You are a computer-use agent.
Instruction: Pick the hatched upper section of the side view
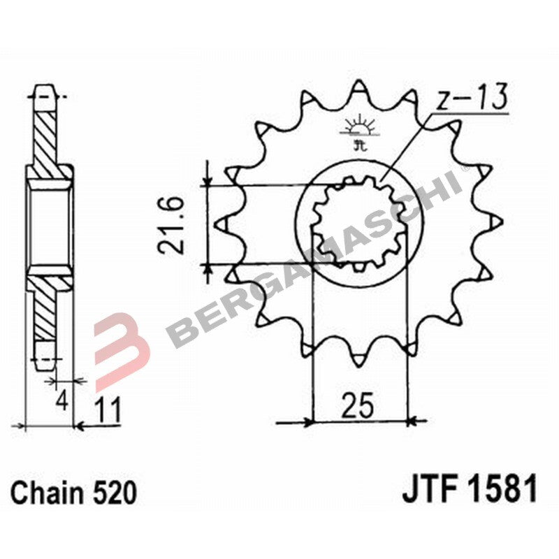pos(48,133)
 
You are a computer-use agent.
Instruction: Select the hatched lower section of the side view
pos(48,307)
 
